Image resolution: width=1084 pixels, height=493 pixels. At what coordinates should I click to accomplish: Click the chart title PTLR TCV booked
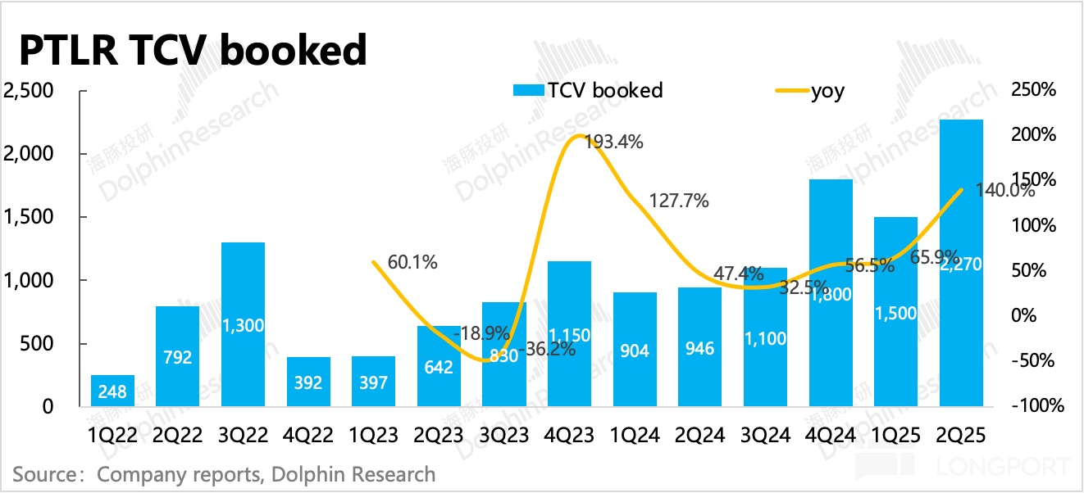(192, 52)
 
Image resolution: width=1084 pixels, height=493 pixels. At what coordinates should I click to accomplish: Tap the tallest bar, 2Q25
(961, 262)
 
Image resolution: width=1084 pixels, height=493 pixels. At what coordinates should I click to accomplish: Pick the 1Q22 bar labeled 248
(112, 391)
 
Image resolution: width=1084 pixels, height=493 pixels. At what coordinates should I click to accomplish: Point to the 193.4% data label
(615, 142)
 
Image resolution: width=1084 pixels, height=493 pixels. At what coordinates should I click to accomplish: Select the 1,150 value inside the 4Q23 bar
(568, 335)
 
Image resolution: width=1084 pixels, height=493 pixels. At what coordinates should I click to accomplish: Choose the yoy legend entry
(827, 91)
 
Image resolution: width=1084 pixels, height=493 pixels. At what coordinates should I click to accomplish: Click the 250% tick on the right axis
(1036, 90)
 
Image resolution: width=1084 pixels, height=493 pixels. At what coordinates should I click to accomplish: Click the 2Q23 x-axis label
(439, 435)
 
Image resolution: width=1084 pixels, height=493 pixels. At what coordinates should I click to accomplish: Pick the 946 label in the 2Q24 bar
(699, 350)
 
